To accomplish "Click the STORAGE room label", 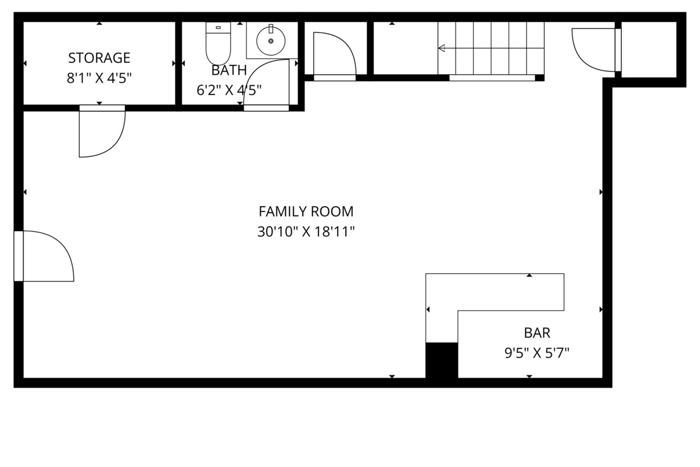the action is tap(99, 58).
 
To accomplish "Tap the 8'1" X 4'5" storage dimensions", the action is tap(99, 78).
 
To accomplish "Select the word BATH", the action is tap(229, 71).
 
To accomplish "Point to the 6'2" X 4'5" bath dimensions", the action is tap(229, 90).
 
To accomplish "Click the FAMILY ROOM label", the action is tap(306, 211).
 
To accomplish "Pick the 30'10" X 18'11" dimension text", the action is tap(306, 232).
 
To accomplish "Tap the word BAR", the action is tap(537, 333).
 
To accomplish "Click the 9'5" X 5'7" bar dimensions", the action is tap(537, 353).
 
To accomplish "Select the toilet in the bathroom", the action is tap(218, 43).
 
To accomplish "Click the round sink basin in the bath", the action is tap(271, 41).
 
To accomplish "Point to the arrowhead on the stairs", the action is tap(442, 48).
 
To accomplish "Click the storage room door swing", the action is tap(102, 131).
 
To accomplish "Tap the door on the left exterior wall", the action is tap(44, 256).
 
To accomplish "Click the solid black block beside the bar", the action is tap(442, 360).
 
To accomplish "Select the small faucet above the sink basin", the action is tap(271, 29).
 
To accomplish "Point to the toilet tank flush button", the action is tap(218, 27).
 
